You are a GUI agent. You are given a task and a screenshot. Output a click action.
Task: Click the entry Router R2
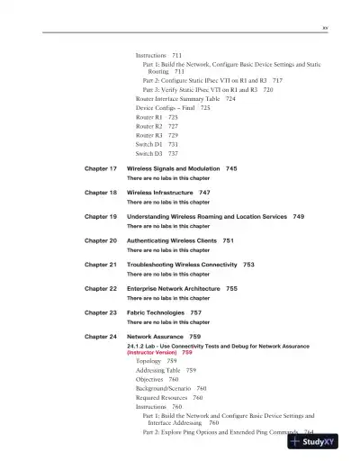point(149,126)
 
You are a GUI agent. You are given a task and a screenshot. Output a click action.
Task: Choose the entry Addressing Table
point(158,370)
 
